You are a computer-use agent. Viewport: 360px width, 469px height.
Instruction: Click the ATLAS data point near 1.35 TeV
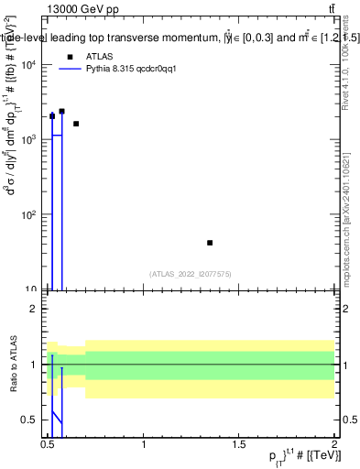(210, 243)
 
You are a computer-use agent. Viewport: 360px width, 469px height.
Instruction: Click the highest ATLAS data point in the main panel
(61, 111)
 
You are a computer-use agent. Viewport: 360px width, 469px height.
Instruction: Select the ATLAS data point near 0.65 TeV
(76, 124)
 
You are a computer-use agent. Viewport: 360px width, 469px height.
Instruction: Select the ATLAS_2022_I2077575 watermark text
(191, 273)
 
